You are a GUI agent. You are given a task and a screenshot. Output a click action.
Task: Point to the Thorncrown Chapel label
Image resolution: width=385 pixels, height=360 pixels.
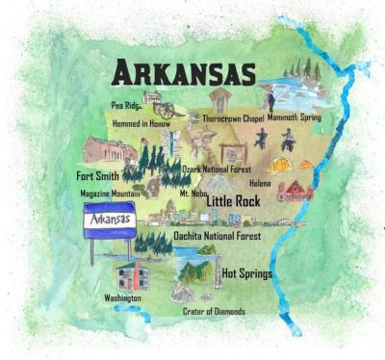[x=232, y=118]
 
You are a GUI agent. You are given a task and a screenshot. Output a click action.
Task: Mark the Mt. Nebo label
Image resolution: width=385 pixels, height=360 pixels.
[x=192, y=193]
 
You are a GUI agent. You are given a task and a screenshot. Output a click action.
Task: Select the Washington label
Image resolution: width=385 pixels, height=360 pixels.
[x=123, y=298]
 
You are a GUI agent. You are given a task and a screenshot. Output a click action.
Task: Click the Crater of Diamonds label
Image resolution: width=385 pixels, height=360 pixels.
[x=214, y=311]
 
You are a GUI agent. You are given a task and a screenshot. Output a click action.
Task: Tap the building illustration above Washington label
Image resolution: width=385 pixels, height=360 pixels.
[x=130, y=276]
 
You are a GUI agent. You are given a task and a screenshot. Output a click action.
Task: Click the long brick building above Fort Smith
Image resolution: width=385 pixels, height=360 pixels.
[x=107, y=149]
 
